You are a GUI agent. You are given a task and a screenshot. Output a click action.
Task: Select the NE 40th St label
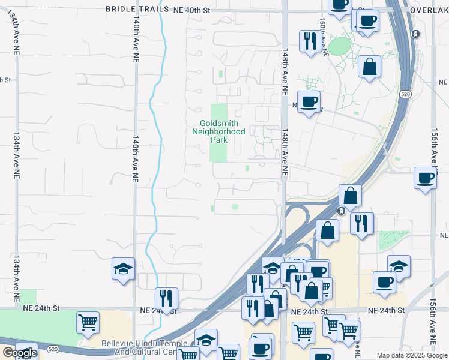click(193, 9)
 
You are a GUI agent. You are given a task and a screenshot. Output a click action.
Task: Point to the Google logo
click(19, 353)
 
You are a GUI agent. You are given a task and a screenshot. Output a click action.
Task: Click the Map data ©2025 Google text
click(412, 355)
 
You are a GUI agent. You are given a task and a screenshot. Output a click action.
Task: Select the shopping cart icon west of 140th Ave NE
click(88, 322)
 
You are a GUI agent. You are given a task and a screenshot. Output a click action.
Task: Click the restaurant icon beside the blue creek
click(166, 298)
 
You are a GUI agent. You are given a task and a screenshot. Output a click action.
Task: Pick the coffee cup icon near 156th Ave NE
click(425, 178)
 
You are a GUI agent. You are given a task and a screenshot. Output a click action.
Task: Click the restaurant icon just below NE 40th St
click(310, 41)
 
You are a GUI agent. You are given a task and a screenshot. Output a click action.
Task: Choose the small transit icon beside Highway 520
click(340, 211)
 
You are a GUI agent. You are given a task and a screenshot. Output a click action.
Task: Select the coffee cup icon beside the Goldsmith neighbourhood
click(309, 101)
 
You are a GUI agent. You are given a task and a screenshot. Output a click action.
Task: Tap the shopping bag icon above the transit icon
click(351, 195)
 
